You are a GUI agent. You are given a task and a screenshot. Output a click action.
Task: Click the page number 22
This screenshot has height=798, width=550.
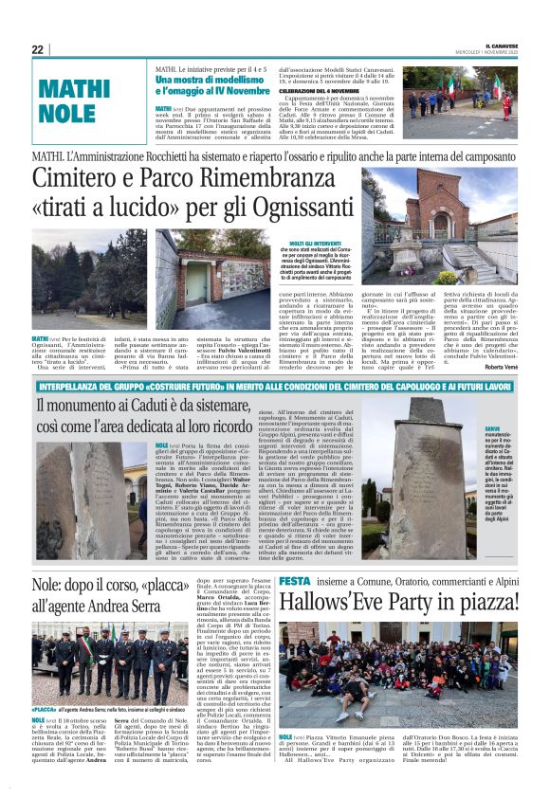[37, 49]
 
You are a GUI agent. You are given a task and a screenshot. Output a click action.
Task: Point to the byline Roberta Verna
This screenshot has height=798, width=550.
[502, 367]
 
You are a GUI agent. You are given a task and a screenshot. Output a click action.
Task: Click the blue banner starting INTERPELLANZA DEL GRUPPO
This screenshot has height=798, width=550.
[275, 386]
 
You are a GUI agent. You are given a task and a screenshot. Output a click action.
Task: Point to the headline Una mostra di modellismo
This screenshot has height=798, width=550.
[214, 82]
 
